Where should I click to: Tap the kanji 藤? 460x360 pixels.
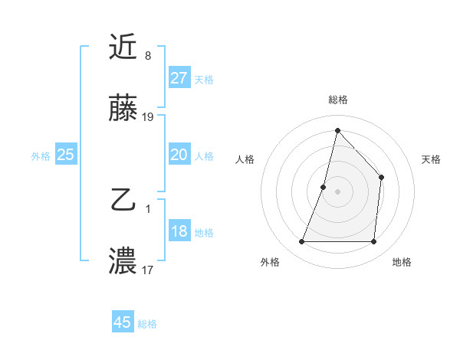point(123,110)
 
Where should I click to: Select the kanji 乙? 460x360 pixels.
point(123,201)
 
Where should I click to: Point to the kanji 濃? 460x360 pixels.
point(123,260)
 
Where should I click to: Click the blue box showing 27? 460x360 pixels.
point(179,78)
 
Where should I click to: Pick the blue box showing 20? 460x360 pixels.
point(179,155)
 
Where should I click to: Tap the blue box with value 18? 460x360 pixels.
point(179,232)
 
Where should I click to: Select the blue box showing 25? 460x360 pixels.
point(65,155)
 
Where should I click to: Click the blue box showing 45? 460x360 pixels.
point(123,322)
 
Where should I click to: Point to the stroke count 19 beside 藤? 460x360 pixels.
point(148,117)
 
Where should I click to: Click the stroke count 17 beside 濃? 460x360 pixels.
point(148,270)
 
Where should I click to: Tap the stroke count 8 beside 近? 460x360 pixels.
point(147,56)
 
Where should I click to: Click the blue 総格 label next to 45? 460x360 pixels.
point(147,324)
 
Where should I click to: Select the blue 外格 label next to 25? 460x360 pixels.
point(41,156)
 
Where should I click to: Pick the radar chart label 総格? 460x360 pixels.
point(337,100)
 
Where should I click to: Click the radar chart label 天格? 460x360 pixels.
point(432,159)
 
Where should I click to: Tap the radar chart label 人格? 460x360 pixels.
point(245,159)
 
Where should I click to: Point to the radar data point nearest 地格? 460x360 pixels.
point(373,242)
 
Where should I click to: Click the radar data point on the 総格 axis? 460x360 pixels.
point(337,130)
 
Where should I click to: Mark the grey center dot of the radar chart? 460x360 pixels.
point(337,191)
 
